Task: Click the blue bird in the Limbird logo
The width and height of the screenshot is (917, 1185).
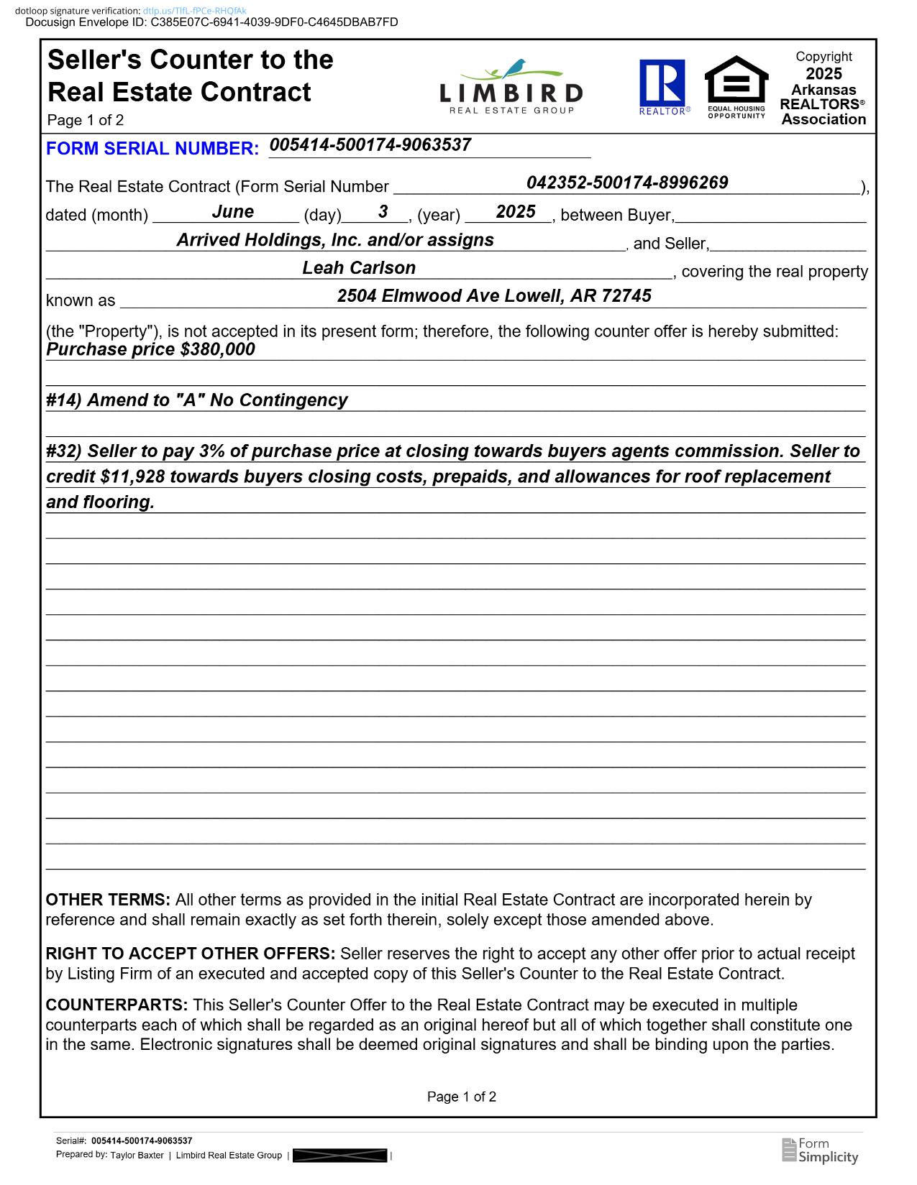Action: click(x=515, y=68)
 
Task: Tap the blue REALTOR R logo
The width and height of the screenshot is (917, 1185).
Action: click(x=662, y=82)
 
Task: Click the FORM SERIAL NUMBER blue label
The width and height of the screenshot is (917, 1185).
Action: click(x=152, y=149)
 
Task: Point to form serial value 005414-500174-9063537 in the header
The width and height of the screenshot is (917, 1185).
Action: click(x=370, y=145)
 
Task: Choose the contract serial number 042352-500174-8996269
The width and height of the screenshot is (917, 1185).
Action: click(x=627, y=183)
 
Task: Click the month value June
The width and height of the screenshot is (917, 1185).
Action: click(x=232, y=212)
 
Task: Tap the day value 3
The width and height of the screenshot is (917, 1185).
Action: click(x=383, y=212)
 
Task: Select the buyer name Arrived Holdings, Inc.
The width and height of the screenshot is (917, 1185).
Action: click(x=335, y=240)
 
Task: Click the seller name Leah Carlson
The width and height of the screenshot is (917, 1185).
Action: click(x=359, y=268)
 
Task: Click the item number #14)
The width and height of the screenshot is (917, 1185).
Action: click(x=64, y=400)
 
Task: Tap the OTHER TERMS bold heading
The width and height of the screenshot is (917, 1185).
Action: click(x=108, y=900)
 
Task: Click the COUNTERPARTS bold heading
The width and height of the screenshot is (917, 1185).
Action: click(x=117, y=1005)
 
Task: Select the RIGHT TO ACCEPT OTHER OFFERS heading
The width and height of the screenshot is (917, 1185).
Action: click(x=190, y=954)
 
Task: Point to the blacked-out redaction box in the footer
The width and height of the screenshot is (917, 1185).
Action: click(x=339, y=1156)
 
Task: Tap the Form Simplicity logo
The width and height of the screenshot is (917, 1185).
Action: click(x=820, y=1150)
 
